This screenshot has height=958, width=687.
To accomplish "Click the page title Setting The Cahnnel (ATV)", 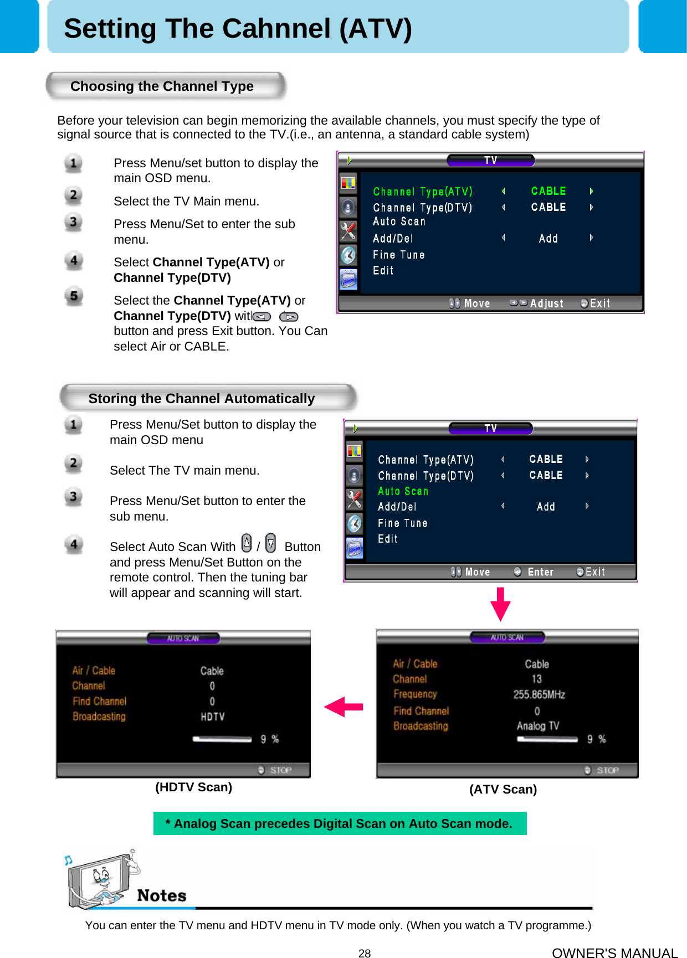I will tap(238, 29).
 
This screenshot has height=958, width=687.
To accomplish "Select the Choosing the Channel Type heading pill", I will tap(162, 86).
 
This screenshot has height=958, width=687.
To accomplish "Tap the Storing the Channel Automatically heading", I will tap(202, 399).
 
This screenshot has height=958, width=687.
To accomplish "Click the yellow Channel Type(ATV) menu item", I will tap(422, 192).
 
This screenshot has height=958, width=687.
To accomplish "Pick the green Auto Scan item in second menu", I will tap(403, 491).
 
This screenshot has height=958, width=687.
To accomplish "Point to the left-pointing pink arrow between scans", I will tap(343, 707).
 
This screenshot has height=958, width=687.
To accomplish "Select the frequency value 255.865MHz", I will tap(539, 694).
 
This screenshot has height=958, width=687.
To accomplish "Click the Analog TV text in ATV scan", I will tap(537, 726).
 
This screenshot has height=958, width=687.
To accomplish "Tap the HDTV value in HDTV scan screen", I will tap(212, 717).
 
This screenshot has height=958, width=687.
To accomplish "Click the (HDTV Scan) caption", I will tap(193, 787).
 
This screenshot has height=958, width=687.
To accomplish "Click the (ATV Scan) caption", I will tap(503, 790).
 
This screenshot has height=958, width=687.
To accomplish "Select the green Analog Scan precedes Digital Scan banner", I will tap(339, 824).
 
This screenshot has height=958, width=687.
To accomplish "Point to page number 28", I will tap(364, 953).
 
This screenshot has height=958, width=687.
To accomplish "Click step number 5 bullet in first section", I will tap(74, 296).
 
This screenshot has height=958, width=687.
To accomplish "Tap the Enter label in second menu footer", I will tap(540, 572).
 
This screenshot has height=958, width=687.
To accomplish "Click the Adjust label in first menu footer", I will tap(546, 303).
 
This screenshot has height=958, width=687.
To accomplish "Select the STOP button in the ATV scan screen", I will tap(607, 770).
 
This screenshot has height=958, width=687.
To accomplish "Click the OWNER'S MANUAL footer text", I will tap(614, 952).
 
